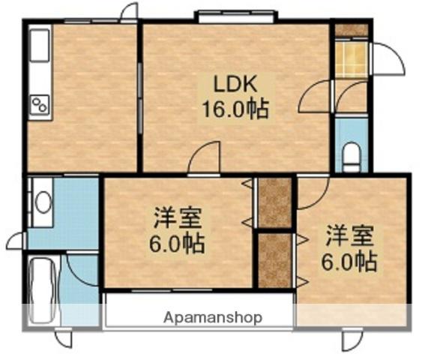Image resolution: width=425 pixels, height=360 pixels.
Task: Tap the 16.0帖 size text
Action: pyautogui.click(x=233, y=109)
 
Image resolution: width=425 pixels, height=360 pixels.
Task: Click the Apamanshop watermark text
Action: pyautogui.click(x=214, y=317)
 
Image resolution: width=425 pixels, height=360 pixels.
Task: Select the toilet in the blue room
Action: pyautogui.click(x=351, y=157)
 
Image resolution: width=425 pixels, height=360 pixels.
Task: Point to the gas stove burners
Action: pyautogui.click(x=40, y=106)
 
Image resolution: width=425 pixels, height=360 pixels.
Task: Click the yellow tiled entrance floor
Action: pyautogui.click(x=351, y=60)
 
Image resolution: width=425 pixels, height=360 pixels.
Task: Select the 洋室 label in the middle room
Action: pyautogui.click(x=178, y=218)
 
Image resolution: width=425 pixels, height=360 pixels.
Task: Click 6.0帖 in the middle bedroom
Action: pyautogui.click(x=178, y=244)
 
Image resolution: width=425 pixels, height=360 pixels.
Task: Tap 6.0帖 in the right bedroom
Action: pyautogui.click(x=349, y=262)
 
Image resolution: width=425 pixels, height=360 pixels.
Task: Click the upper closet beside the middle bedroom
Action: pyautogui.click(x=274, y=202)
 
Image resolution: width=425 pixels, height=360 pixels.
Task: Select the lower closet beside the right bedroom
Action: pyautogui.click(x=274, y=259)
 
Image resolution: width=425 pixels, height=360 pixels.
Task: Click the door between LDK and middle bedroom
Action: pyautogui.click(x=205, y=158)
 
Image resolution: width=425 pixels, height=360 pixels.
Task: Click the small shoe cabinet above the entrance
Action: pyautogui.click(x=351, y=30)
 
